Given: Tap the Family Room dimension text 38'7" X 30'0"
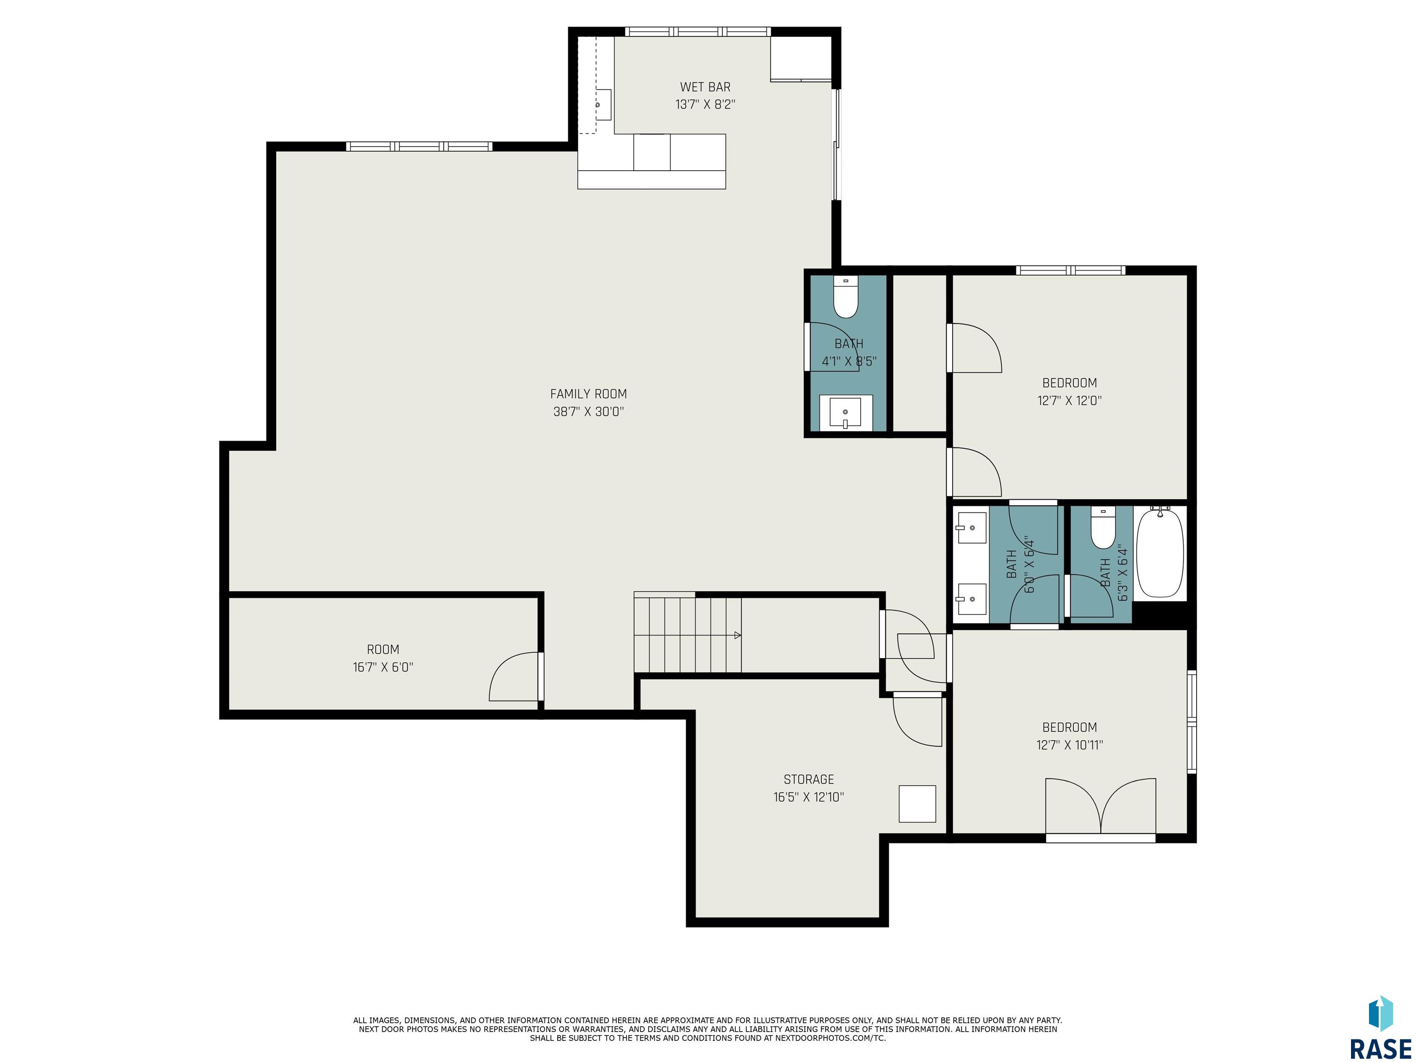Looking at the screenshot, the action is (588, 412).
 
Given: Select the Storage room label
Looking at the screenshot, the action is (808, 779).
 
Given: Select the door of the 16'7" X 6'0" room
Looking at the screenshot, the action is (514, 677).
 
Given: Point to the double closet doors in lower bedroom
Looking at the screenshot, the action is (1100, 806).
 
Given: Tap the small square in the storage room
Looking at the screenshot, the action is (917, 803).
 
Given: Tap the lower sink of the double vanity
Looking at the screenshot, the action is (971, 599).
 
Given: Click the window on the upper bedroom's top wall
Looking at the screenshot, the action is (1070, 270).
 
